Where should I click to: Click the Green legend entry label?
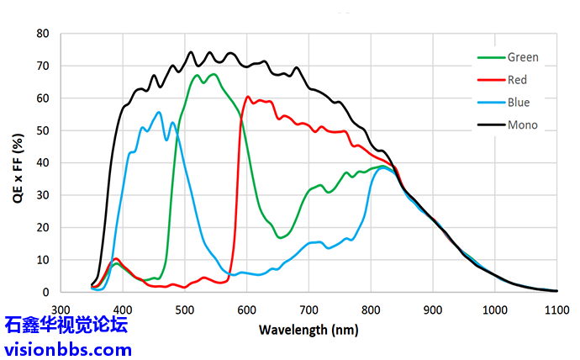[523, 58]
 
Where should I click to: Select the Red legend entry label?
[517, 80]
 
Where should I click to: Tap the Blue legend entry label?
[519, 103]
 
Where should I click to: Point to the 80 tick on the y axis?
[43, 34]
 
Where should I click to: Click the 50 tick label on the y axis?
[43, 130]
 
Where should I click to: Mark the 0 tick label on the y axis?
[46, 292]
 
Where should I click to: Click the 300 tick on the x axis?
[61, 309]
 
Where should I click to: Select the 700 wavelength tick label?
[308, 309]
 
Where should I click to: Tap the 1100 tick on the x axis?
[556, 309]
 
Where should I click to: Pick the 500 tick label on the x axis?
[184, 309]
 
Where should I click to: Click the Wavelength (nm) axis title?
[306, 329]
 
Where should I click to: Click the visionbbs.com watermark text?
[67, 348]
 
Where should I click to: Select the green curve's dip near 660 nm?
[282, 238]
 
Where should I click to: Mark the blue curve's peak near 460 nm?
[158, 112]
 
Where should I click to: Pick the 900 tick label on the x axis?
[432, 309]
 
